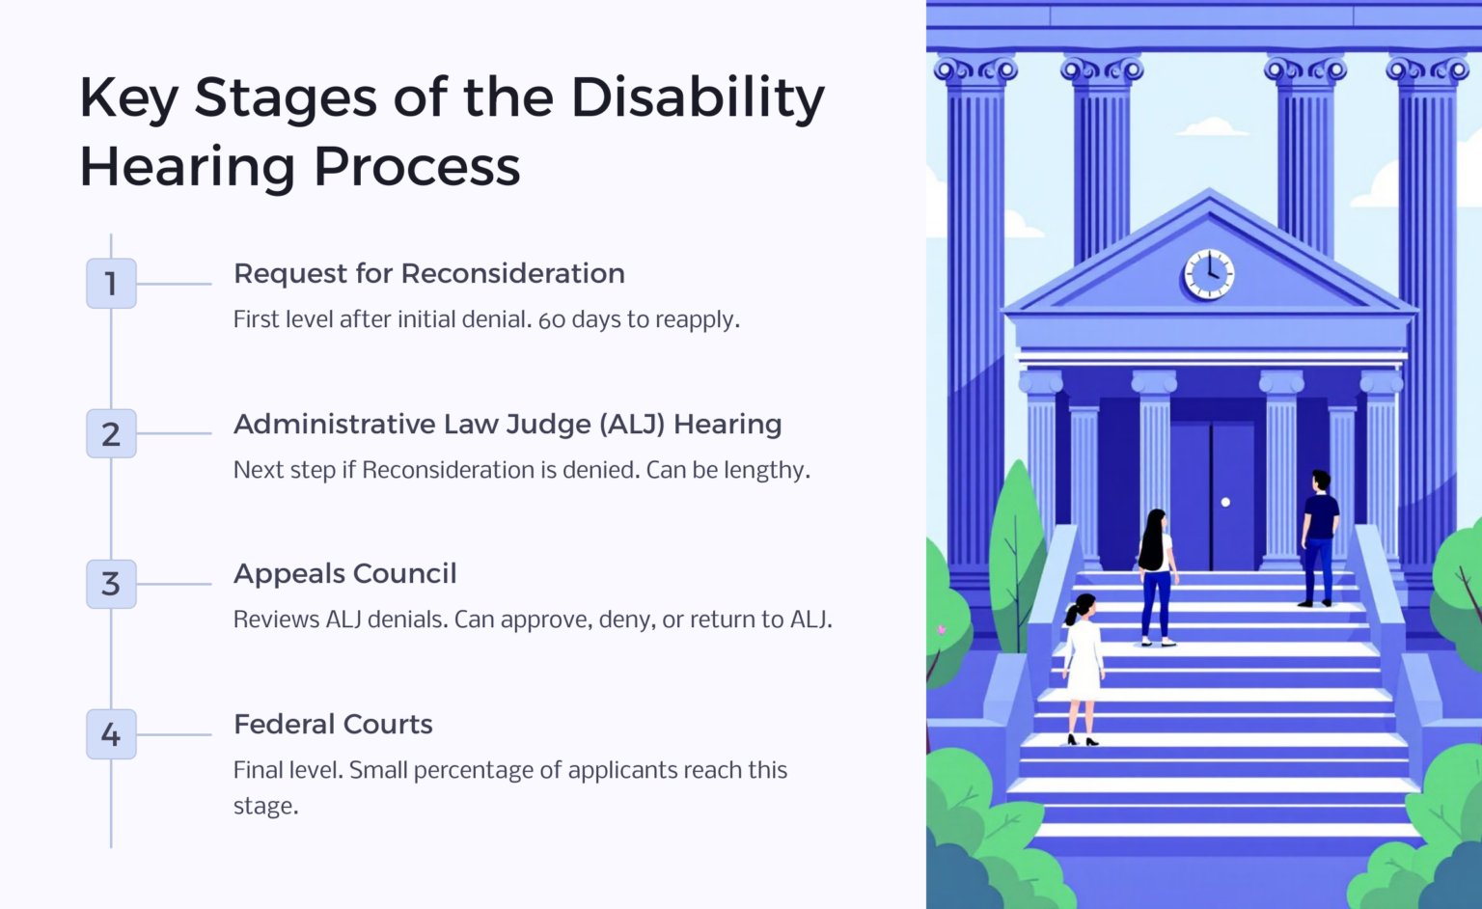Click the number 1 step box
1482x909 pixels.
(111, 283)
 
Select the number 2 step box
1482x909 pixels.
(111, 433)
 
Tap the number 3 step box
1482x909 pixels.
(111, 584)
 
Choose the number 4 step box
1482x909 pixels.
(111, 734)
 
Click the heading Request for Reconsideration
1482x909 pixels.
(428, 274)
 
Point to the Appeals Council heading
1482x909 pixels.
(344, 574)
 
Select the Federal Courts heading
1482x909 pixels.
(333, 725)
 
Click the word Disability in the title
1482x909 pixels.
(698, 98)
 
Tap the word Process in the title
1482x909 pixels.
(417, 167)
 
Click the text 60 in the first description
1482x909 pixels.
(552, 320)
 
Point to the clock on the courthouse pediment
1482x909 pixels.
(1209, 274)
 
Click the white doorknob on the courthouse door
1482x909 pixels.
(1225, 502)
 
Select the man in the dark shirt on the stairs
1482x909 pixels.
(1318, 536)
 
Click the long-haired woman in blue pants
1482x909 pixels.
(1155, 574)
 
